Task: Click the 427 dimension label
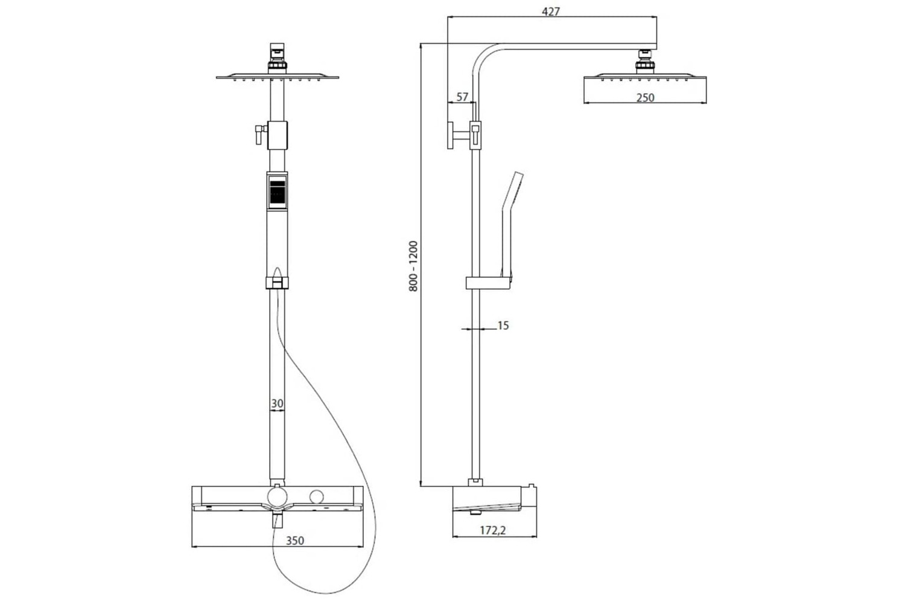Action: coord(551,11)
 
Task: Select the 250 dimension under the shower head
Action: coord(645,97)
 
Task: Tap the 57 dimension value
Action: coord(462,97)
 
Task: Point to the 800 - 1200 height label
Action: coord(413,266)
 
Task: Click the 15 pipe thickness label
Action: coord(503,326)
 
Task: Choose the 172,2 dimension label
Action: coord(493,530)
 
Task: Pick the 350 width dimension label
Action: coord(294,541)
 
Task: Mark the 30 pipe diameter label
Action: coord(277,403)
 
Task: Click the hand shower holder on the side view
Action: coord(489,283)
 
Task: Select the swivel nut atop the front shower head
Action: coord(277,57)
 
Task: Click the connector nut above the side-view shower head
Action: coord(645,62)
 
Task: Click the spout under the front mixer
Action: coord(278,519)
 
